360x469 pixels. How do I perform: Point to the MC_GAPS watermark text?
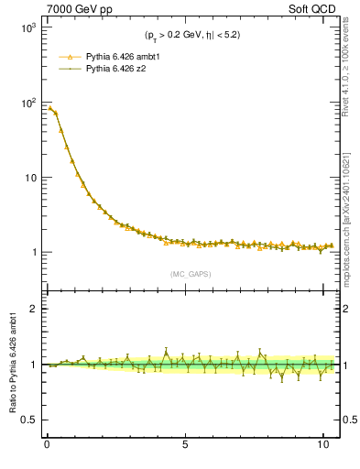(x=188, y=274)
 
